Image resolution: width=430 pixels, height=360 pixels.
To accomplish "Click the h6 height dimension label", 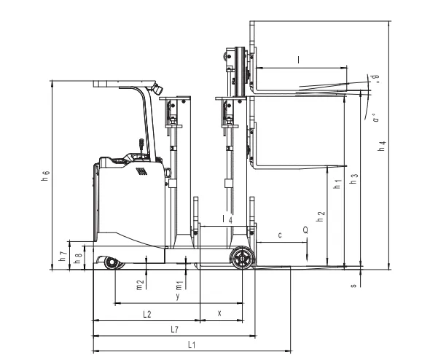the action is (x=45, y=176).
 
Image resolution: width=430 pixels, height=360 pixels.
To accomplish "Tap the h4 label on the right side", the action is (x=382, y=146).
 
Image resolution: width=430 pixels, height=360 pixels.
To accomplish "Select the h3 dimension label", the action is (x=354, y=179).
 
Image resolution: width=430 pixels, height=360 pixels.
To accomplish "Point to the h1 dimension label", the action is (x=337, y=184).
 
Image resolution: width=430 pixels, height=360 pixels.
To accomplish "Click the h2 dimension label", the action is (x=320, y=216).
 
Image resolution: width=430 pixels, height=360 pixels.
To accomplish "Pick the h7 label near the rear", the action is (x=63, y=256).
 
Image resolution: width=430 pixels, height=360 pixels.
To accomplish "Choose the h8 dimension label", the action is (x=78, y=258).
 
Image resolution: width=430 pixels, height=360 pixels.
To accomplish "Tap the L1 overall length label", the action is (x=192, y=345).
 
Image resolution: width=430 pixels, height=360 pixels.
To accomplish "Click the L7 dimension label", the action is (x=174, y=329).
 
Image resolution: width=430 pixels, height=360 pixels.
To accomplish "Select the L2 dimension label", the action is (x=147, y=314).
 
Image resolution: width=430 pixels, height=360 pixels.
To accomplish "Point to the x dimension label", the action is (x=219, y=313).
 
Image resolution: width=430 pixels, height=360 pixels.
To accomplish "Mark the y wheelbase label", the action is (x=178, y=296).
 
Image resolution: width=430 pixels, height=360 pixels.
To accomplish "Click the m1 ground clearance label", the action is (x=179, y=286).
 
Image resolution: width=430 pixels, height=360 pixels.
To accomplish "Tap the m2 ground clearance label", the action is (x=140, y=285).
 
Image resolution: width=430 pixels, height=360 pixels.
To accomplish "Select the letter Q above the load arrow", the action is (x=305, y=230).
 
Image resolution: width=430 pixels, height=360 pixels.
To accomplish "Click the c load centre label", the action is (x=280, y=235).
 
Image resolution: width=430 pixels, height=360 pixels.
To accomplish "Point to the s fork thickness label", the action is (x=353, y=286).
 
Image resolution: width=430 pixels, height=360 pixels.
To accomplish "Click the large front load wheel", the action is (x=242, y=258).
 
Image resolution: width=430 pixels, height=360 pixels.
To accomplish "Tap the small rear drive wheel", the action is (x=112, y=262).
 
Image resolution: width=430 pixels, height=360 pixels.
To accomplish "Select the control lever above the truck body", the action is (x=141, y=146).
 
